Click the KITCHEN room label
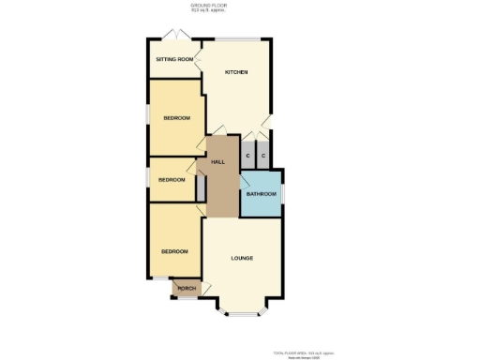point(236,73)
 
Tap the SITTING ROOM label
point(175,59)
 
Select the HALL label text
point(217,162)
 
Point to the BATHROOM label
point(261,194)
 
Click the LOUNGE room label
point(242,258)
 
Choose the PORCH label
point(187,288)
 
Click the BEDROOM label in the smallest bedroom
point(172,179)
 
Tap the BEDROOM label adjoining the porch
point(174,251)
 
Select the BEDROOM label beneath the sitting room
point(176,117)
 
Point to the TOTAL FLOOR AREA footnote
point(297,352)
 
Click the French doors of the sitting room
point(174,36)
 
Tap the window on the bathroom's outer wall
point(282,194)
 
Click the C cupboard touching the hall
point(247,156)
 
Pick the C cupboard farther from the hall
point(263,156)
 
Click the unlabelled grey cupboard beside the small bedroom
point(201,187)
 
